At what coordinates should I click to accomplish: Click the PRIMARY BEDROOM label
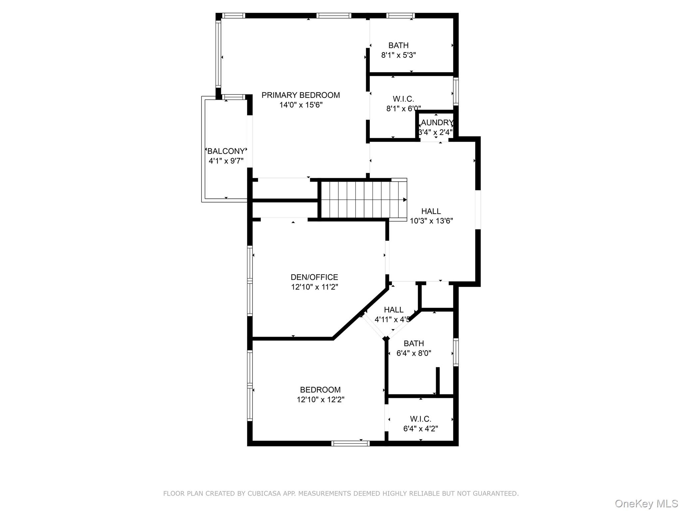(300, 95)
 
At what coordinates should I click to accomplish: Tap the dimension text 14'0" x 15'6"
(300, 105)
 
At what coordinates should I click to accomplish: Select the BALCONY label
(226, 151)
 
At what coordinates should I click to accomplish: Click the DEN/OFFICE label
(314, 277)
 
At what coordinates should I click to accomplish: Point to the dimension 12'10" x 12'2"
(320, 400)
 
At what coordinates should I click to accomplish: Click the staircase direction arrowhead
(405, 200)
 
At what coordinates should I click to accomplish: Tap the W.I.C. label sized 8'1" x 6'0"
(403, 99)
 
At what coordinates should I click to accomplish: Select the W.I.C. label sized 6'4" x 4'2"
(420, 419)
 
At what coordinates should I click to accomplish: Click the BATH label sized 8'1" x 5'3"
(398, 45)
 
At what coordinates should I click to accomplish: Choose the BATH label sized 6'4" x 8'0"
(414, 343)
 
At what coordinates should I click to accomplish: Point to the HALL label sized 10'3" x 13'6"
(431, 211)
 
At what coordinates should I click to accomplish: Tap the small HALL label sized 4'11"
(394, 310)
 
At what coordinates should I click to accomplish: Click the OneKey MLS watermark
(646, 503)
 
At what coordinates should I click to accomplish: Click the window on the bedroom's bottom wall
(350, 443)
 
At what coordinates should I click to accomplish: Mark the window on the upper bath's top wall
(400, 15)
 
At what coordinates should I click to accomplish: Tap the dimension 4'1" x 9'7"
(226, 161)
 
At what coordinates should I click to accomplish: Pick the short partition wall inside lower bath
(438, 381)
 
